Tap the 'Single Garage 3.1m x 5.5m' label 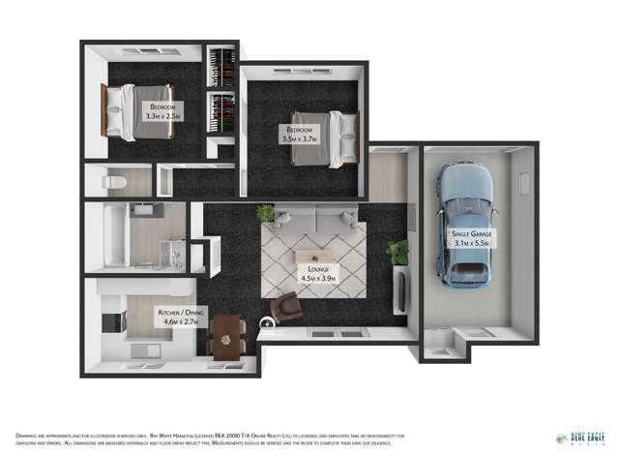470,239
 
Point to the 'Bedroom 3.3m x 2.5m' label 163,111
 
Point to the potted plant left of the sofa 266,212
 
